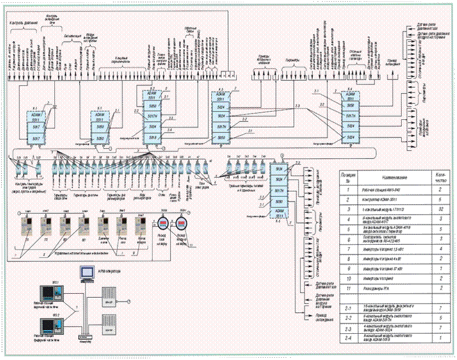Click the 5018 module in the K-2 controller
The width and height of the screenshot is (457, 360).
153,137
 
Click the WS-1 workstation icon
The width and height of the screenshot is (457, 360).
48,291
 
